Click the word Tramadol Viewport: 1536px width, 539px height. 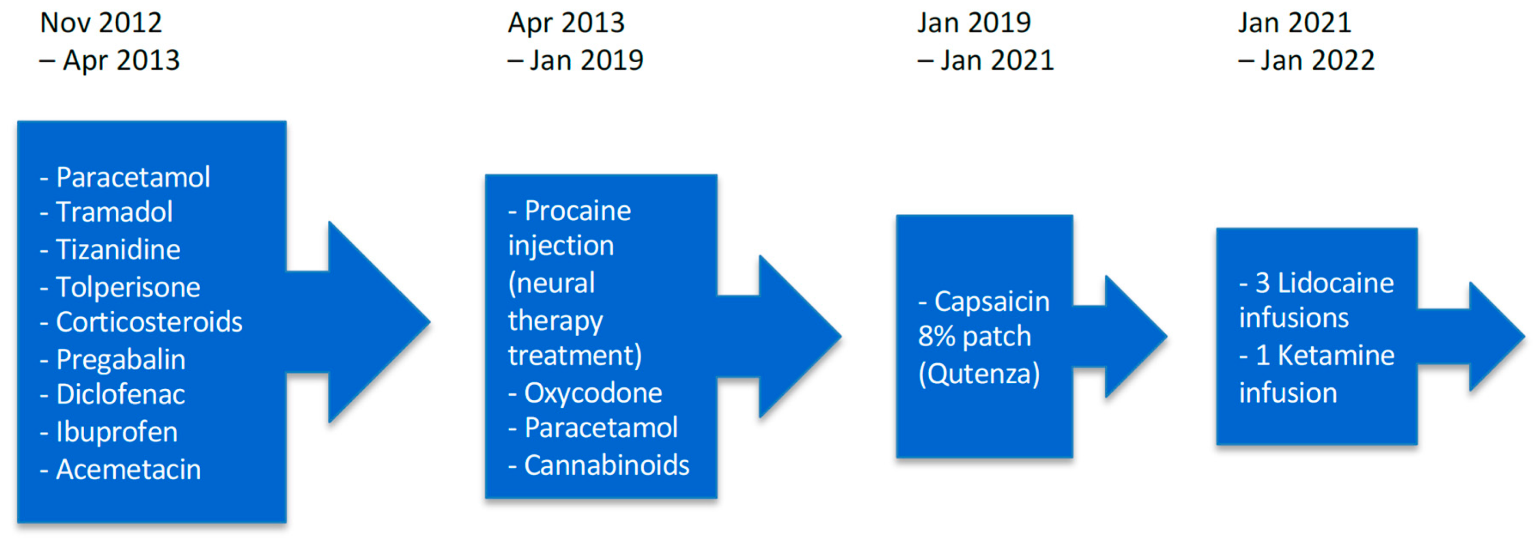click(114, 212)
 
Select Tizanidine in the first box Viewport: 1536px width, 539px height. click(118, 250)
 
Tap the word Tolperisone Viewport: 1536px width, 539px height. click(128, 287)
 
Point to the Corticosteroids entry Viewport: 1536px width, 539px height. click(149, 321)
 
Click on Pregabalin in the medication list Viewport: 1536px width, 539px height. click(121, 360)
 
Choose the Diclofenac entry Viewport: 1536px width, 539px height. click(121, 394)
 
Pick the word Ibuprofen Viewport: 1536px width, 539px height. click(117, 432)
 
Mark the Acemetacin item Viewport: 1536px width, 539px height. click(128, 469)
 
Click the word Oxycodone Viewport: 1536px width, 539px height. click(593, 393)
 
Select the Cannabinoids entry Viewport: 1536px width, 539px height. click(607, 465)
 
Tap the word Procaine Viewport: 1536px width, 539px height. click(578, 211)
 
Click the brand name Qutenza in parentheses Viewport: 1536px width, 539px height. click(979, 374)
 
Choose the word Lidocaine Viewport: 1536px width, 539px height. click(1336, 283)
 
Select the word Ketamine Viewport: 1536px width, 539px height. click(1336, 356)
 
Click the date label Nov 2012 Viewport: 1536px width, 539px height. click(101, 23)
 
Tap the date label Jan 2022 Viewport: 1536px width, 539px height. click(1318, 60)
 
